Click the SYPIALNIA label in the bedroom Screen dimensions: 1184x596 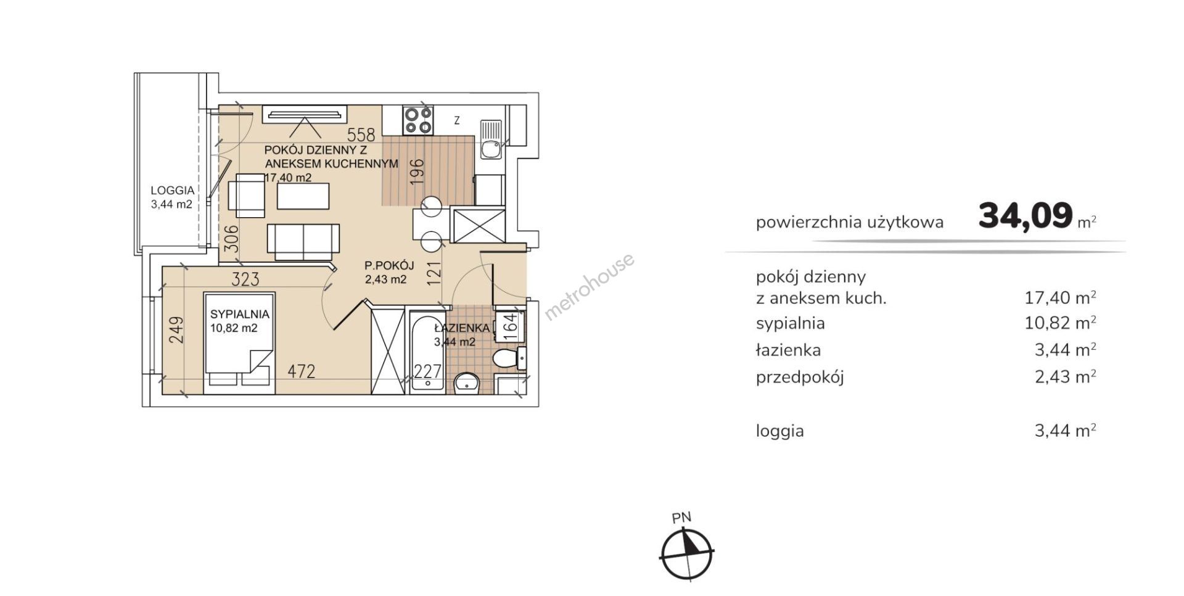click(239, 314)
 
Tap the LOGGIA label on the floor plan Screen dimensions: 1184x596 click(173, 191)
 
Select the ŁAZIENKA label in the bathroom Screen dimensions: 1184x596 click(462, 328)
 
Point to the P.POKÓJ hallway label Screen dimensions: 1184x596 click(388, 266)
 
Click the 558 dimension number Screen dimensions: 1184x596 click(361, 135)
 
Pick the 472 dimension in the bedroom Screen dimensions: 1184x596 click(301, 371)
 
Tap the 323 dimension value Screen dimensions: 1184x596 click(245, 280)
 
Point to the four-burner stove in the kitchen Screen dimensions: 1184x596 click(417, 120)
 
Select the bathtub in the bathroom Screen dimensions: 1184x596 click(426, 349)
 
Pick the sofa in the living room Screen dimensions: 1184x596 click(303, 241)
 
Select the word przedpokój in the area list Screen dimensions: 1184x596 click(800, 378)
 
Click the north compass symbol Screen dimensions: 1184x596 click(686, 551)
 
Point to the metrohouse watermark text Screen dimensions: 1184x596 click(589, 286)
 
